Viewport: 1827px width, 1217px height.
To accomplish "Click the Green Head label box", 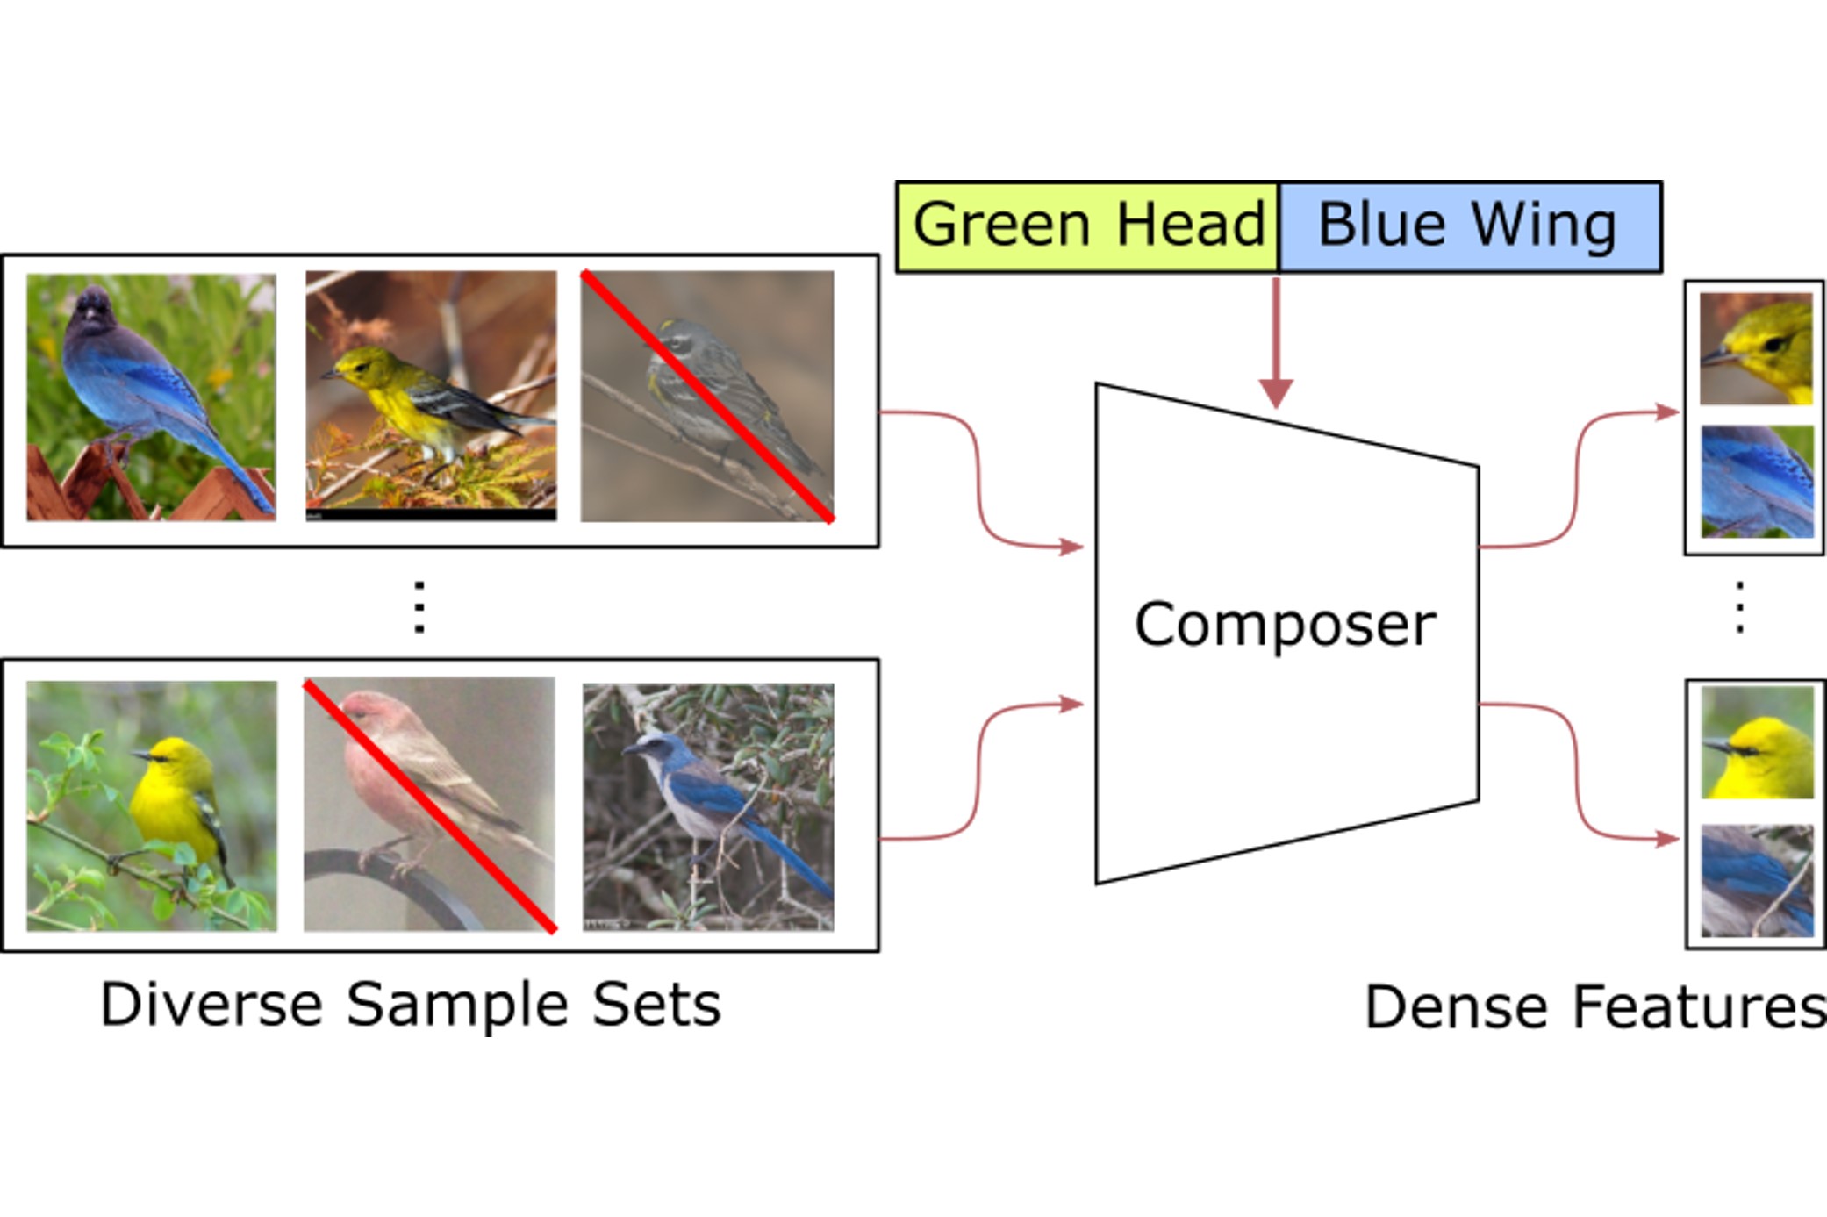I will pyautogui.click(x=1087, y=226).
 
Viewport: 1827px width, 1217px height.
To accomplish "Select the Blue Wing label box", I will pyautogui.click(x=1470, y=226).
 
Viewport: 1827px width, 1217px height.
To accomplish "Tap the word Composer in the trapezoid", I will pyautogui.click(x=1285, y=625).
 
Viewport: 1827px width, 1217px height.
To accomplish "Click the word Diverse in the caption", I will pyautogui.click(x=211, y=1005).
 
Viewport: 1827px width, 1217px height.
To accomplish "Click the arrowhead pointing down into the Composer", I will pyautogui.click(x=1276, y=393).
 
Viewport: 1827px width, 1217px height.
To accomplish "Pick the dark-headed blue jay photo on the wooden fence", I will pyautogui.click(x=151, y=397).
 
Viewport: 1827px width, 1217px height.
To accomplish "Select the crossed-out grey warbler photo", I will pyautogui.click(x=707, y=396).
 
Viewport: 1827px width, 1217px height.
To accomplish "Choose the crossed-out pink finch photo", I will pyautogui.click(x=429, y=804).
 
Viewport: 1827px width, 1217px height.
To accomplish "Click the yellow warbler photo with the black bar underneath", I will pyautogui.click(x=431, y=395).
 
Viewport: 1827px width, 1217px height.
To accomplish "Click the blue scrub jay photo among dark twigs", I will pyautogui.click(x=708, y=806).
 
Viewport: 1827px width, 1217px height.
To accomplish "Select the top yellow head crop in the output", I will pyautogui.click(x=1755, y=348).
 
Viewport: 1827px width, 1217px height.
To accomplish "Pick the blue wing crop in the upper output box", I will pyautogui.click(x=1757, y=481).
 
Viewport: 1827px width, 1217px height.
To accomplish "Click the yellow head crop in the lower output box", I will pyautogui.click(x=1757, y=742).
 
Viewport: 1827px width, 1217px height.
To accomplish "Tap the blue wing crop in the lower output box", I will pyautogui.click(x=1757, y=880).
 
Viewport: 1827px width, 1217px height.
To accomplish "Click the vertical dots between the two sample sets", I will pyautogui.click(x=419, y=606).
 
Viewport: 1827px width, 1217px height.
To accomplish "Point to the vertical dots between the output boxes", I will pyautogui.click(x=1739, y=606).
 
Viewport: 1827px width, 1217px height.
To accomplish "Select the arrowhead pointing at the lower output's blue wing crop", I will pyautogui.click(x=1667, y=839).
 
